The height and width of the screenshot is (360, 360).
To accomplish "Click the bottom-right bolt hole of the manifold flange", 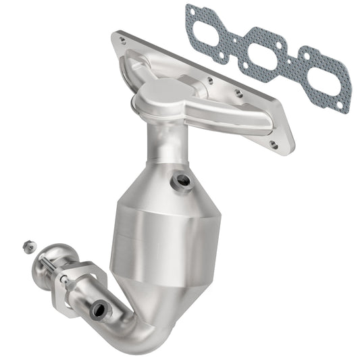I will click(273, 144).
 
